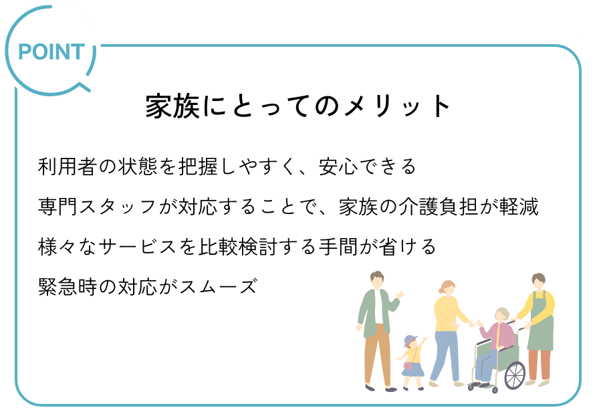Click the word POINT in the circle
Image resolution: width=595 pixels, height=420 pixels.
pos(51,52)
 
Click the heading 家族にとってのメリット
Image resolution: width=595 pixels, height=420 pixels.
pos(298,106)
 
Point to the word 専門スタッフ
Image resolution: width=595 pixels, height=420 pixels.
pos(97,207)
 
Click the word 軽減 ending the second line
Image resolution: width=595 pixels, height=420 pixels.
pos(519,207)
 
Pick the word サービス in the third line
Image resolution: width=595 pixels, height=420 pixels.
pos(138,247)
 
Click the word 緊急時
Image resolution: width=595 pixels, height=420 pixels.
pos(68,287)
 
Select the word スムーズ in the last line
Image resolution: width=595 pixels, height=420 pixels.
pos(219,287)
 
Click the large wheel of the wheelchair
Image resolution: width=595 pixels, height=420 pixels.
pos(515,376)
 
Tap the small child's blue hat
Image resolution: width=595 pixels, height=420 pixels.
pos(410,340)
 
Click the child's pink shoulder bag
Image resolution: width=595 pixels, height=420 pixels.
pos(408,365)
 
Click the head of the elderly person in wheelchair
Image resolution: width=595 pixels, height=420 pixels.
pos(503,315)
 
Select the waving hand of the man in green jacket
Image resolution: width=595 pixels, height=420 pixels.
pos(399,294)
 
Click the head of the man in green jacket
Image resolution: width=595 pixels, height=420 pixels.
pos(377,280)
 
